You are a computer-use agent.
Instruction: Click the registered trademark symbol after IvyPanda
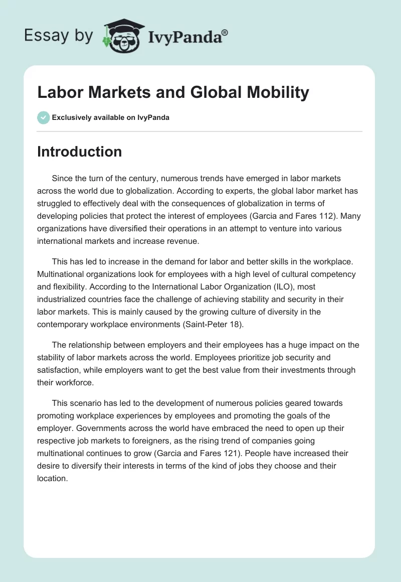point(225,32)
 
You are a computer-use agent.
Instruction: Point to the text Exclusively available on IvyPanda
point(110,117)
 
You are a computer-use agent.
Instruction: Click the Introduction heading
point(79,152)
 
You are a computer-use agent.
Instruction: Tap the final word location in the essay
point(53,478)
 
